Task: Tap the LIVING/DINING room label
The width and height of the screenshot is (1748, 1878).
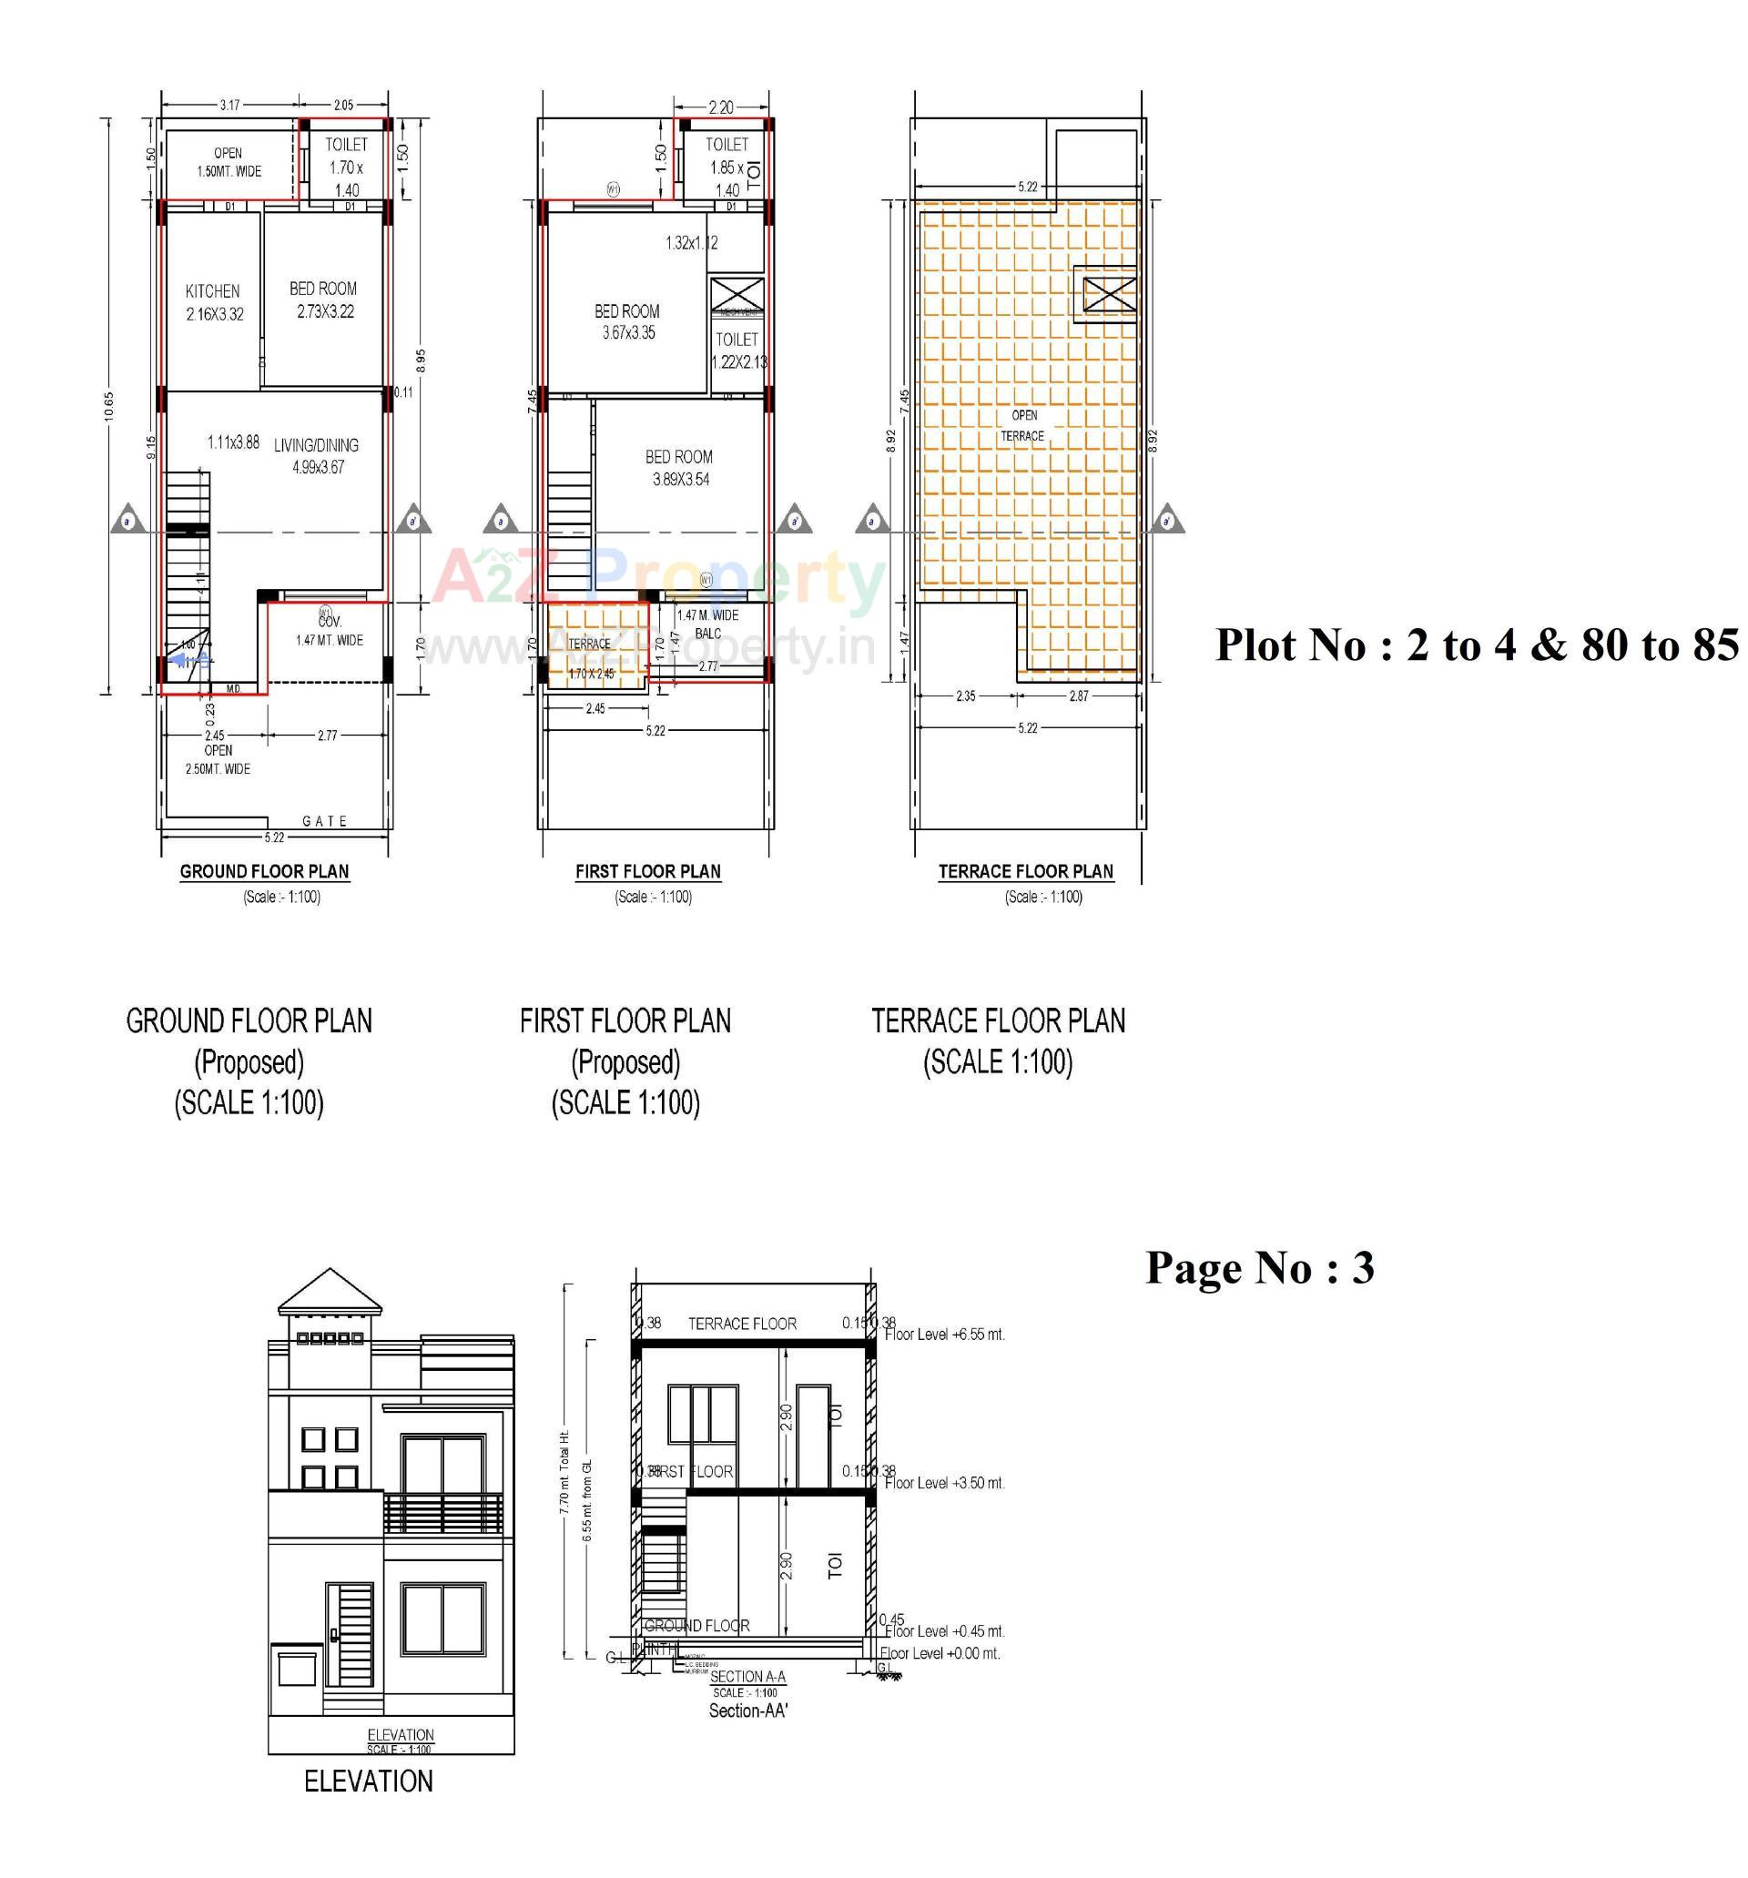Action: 317,446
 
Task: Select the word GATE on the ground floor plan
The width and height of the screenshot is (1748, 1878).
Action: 325,821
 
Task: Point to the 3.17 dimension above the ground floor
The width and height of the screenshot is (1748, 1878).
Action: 229,105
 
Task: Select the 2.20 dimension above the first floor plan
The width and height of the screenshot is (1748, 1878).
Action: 720,107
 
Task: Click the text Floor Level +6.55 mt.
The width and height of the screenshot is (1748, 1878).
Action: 944,1335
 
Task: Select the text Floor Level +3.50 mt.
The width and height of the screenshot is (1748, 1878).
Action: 944,1483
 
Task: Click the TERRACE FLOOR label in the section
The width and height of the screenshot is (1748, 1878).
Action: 742,1324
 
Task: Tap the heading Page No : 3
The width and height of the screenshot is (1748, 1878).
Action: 1258,1268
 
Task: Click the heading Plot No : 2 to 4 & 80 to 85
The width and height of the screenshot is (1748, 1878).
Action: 1476,645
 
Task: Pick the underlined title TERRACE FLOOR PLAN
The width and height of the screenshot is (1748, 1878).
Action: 1025,871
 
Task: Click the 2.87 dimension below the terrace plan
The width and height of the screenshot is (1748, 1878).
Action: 1078,696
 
